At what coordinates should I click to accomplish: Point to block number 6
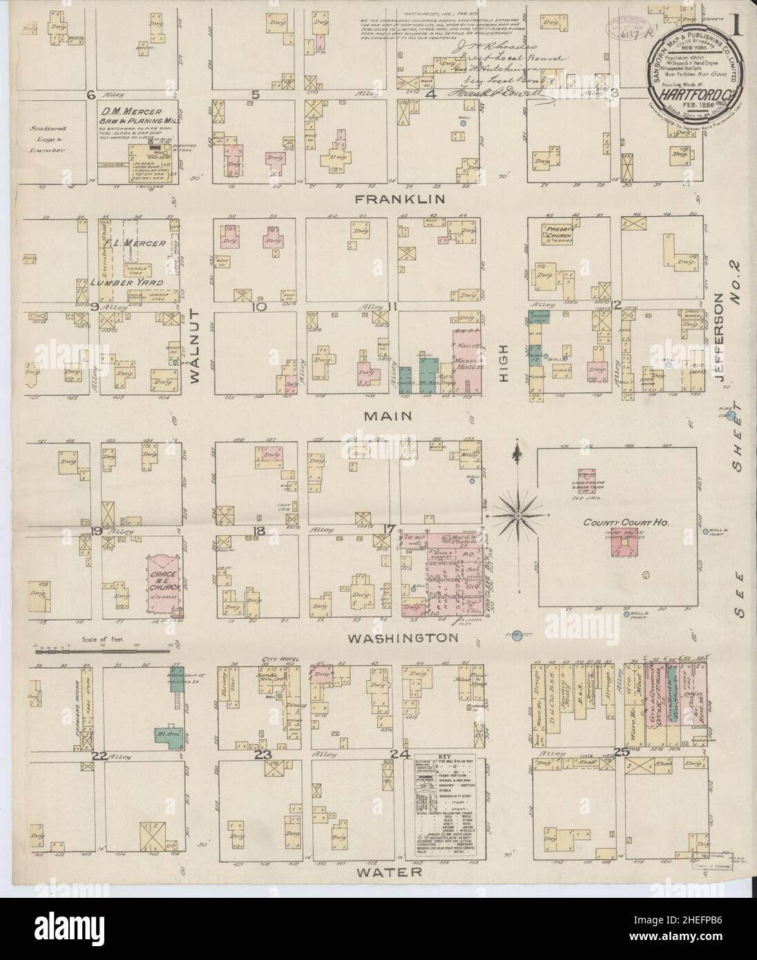pos(89,94)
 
